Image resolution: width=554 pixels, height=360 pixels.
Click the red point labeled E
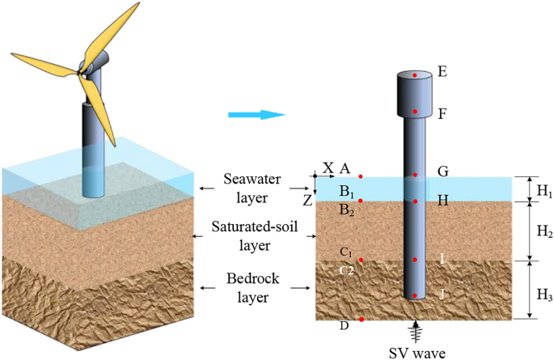pyautogui.click(x=415, y=75)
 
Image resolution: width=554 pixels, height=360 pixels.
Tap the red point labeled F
pyautogui.click(x=415, y=111)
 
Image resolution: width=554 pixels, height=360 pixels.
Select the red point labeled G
pyautogui.click(x=415, y=175)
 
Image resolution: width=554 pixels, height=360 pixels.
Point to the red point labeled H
pyautogui.click(x=415, y=201)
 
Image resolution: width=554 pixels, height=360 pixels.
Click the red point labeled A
pyautogui.click(x=361, y=176)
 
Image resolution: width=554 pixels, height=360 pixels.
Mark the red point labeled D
pyautogui.click(x=361, y=320)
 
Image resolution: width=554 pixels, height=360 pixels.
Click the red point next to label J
pyautogui.click(x=415, y=295)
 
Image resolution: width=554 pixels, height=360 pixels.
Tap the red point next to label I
pyautogui.click(x=415, y=260)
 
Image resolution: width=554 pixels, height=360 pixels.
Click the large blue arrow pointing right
pyautogui.click(x=256, y=115)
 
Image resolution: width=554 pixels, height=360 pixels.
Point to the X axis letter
pyautogui.click(x=328, y=167)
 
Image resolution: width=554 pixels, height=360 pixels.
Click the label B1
pyautogui.click(x=346, y=191)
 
